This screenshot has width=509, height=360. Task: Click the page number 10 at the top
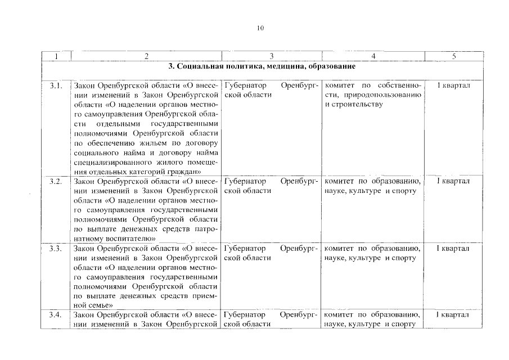click(x=260, y=28)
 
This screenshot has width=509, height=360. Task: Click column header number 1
click(x=55, y=56)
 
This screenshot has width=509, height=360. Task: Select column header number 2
click(x=146, y=56)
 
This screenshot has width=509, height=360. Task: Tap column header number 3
click(x=272, y=56)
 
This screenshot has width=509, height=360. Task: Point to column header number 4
click(x=373, y=56)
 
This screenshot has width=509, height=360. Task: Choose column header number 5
click(x=453, y=56)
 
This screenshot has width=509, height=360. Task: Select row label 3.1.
click(x=55, y=85)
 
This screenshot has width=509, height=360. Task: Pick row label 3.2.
click(x=55, y=181)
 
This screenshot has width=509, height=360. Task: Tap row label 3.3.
click(x=55, y=248)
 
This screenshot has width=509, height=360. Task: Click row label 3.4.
click(x=55, y=314)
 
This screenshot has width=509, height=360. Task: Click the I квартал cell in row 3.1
click(x=453, y=85)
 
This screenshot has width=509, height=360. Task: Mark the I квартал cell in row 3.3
click(x=453, y=248)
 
